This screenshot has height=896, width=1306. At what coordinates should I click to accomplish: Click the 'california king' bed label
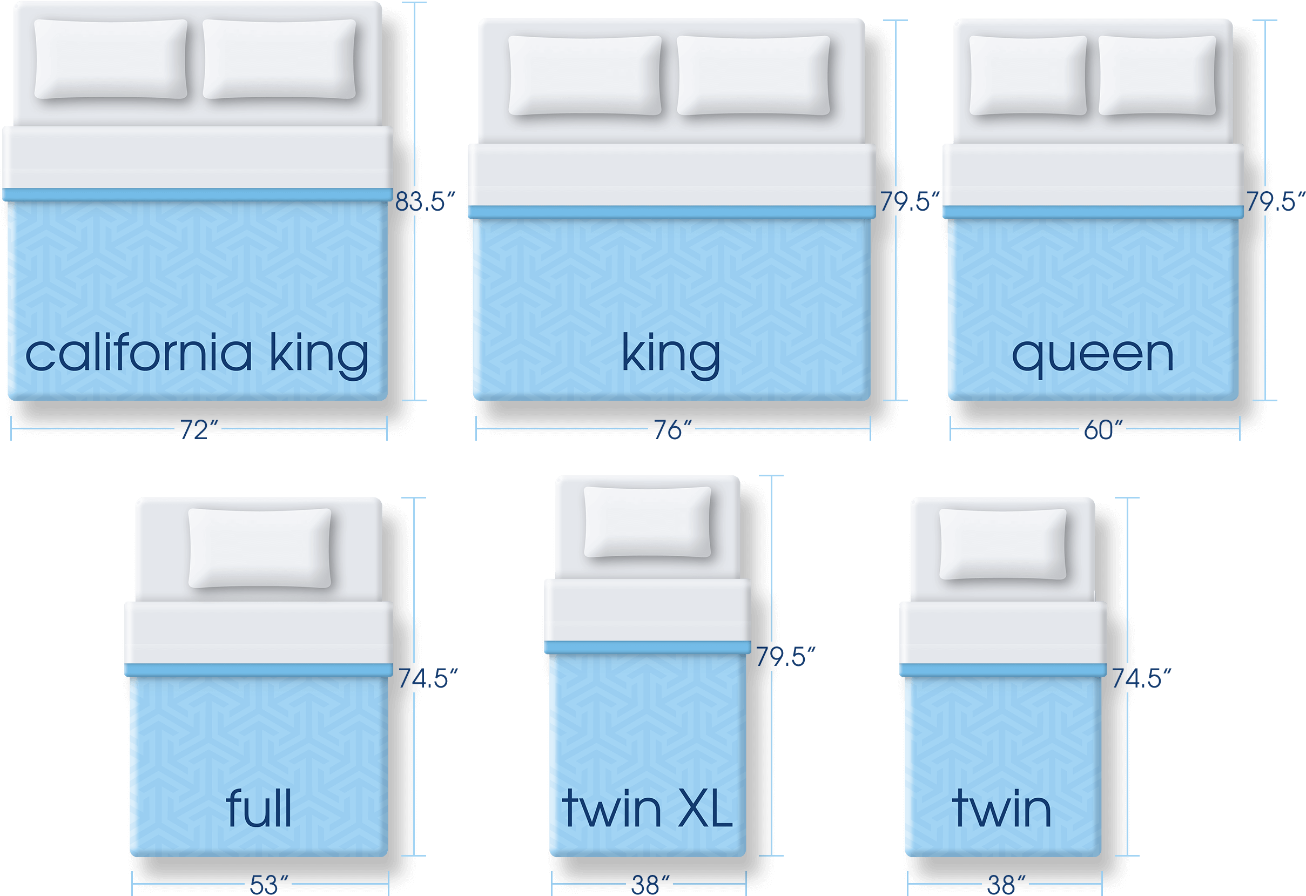click(x=197, y=354)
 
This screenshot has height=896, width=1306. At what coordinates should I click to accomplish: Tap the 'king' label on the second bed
click(x=670, y=354)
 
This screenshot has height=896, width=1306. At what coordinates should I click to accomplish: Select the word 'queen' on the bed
click(x=1093, y=356)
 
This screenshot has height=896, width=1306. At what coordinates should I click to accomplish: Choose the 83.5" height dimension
click(x=425, y=201)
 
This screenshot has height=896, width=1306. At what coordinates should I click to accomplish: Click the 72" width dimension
click(x=198, y=430)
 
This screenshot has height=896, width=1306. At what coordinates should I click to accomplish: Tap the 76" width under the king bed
click(x=672, y=430)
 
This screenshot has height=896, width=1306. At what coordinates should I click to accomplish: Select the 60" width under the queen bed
click(x=1102, y=430)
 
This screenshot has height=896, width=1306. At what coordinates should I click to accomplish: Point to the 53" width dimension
click(x=268, y=885)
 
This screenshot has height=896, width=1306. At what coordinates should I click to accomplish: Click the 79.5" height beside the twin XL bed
click(x=784, y=657)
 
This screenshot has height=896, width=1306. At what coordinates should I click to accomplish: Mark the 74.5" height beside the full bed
click(x=428, y=678)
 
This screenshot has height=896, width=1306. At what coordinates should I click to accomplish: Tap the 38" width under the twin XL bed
click(x=650, y=885)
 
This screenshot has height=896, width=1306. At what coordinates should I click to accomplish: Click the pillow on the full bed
click(x=260, y=548)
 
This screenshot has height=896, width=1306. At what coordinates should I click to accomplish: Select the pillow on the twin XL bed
click(x=648, y=522)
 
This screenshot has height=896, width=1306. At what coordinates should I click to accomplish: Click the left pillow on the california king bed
click(x=111, y=59)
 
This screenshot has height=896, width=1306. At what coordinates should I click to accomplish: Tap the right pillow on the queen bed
click(x=1157, y=75)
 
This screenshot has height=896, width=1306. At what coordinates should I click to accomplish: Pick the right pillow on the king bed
click(x=753, y=75)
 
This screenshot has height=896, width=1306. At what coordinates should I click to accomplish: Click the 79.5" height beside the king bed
click(x=909, y=201)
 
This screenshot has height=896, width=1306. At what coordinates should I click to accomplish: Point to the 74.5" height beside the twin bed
click(x=1141, y=678)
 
